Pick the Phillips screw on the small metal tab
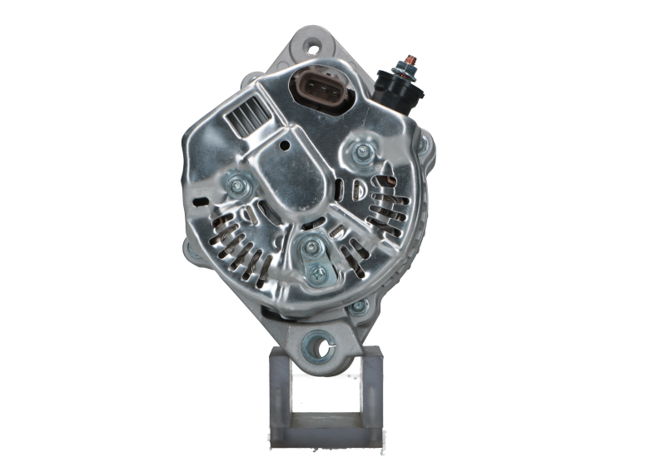[x=316, y=273]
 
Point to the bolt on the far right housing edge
[x=423, y=147]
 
